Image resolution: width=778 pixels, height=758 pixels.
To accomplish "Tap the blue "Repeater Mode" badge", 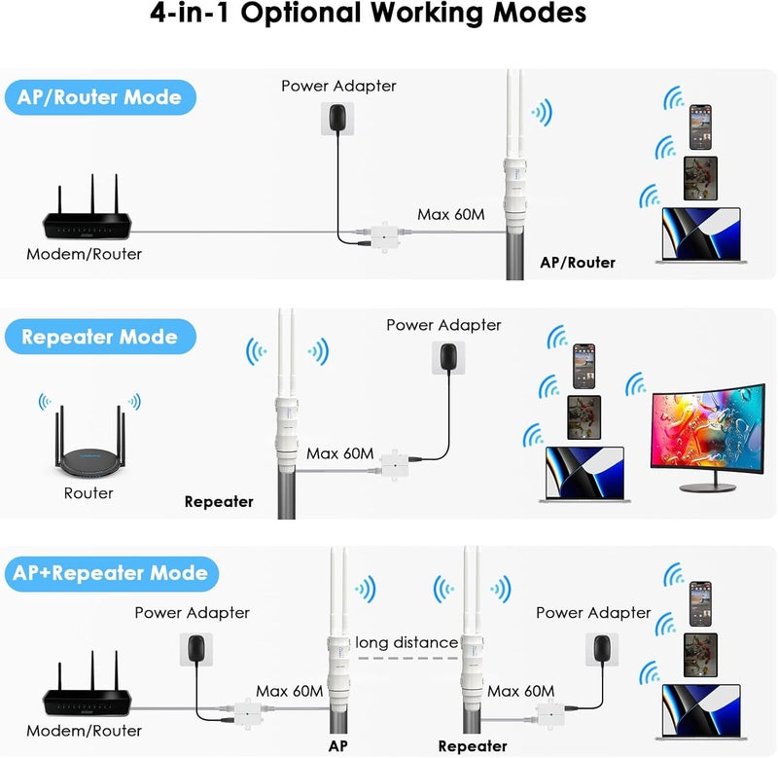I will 99,338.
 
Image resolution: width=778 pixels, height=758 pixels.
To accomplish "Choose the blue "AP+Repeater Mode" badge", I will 111,573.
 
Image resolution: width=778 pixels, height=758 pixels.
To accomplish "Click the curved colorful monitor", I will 707,434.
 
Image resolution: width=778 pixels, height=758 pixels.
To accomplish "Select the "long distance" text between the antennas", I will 407,643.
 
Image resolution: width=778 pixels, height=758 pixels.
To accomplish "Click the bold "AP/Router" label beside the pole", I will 578,262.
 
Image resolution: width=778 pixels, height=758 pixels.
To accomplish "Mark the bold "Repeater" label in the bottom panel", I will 473,746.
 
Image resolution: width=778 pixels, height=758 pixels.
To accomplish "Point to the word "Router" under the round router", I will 88,493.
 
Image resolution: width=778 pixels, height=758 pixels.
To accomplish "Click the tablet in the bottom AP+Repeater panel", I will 700,653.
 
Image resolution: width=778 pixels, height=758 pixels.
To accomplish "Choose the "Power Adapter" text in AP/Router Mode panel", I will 338,86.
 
